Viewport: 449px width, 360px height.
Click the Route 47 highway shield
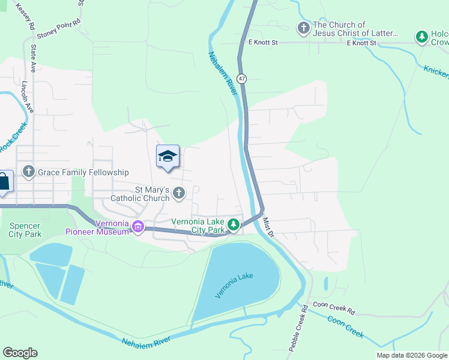click(x=241, y=79)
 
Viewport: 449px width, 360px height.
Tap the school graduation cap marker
click(x=167, y=157)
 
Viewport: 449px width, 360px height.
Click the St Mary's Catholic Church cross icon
click(x=179, y=193)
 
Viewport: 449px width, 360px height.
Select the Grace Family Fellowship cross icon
click(x=28, y=172)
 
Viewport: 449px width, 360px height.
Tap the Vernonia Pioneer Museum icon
click(x=138, y=227)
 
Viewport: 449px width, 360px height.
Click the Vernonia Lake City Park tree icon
click(x=234, y=226)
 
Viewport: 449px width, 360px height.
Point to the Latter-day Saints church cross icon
click(x=304, y=28)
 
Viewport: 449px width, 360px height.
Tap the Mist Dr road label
click(x=268, y=226)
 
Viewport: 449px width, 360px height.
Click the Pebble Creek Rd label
click(x=298, y=327)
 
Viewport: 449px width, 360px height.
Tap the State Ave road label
click(x=34, y=57)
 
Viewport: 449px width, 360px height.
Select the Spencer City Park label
click(x=25, y=230)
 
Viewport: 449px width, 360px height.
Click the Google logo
click(x=20, y=353)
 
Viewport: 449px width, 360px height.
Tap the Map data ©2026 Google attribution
click(x=412, y=355)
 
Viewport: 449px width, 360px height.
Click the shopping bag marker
click(x=4, y=182)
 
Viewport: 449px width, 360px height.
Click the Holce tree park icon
click(x=423, y=37)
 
